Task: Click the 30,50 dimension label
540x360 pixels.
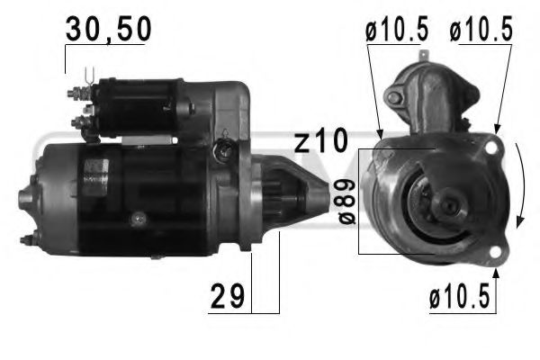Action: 107,31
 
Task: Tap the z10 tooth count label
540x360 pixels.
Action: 320,141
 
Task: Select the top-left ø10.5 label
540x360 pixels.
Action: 397,31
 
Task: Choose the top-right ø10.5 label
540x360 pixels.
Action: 481,31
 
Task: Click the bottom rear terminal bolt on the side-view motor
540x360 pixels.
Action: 28,239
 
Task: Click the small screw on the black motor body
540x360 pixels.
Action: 137,217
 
